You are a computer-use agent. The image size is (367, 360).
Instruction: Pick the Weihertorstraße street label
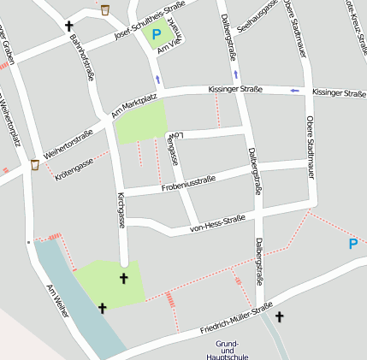[68, 140]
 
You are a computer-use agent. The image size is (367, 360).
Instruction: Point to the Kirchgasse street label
[121, 210]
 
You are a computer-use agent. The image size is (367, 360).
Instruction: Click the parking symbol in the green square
[156, 35]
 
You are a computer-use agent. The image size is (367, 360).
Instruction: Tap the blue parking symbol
[352, 245]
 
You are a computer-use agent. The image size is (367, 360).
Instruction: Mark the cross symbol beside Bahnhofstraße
[69, 27]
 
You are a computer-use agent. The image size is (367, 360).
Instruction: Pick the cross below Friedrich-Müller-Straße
[279, 316]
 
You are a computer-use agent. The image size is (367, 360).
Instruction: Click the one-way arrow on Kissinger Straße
[295, 91]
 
